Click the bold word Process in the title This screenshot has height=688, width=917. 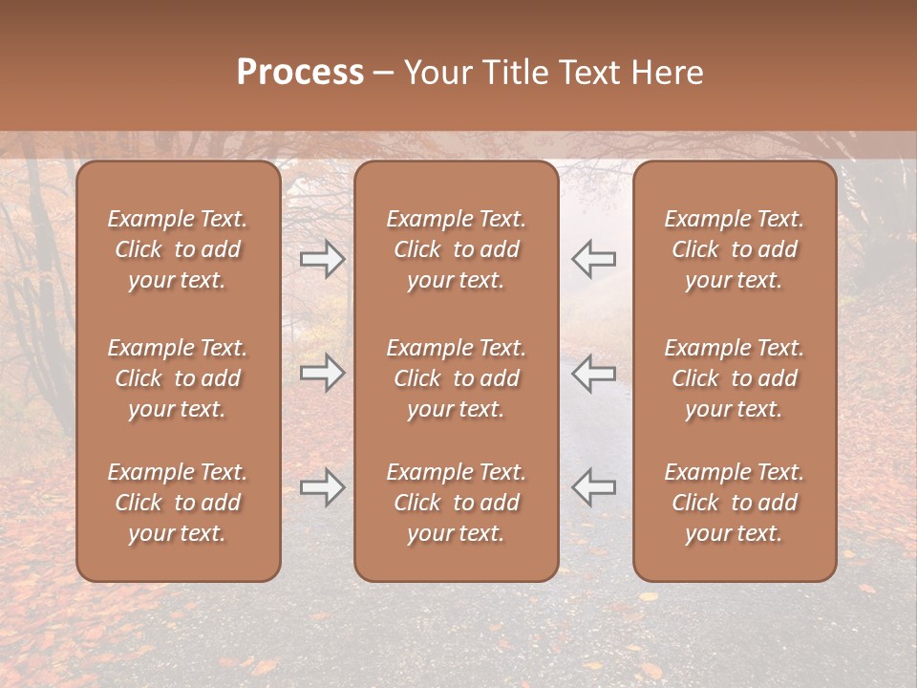pyautogui.click(x=300, y=74)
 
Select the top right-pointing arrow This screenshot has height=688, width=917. pyautogui.click(x=323, y=259)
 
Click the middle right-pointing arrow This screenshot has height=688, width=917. pyautogui.click(x=323, y=374)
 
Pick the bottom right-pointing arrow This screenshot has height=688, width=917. pyautogui.click(x=323, y=488)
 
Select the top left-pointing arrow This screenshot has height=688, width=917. pyautogui.click(x=594, y=259)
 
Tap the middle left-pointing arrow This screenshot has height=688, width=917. pyautogui.click(x=594, y=374)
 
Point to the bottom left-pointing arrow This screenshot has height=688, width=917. pyautogui.click(x=594, y=488)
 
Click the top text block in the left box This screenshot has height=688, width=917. pyautogui.click(x=178, y=249)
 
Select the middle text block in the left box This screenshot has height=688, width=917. pyautogui.click(x=178, y=378)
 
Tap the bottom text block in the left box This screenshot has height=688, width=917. pyautogui.click(x=178, y=503)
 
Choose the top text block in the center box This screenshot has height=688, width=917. pyautogui.click(x=457, y=249)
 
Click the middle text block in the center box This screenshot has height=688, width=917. pyautogui.click(x=457, y=378)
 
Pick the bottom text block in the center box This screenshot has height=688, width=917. pyautogui.click(x=457, y=503)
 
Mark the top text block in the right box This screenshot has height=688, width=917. pyautogui.click(x=735, y=249)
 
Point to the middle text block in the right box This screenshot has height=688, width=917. pyautogui.click(x=735, y=378)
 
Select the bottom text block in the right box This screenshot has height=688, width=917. pyautogui.click(x=735, y=503)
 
